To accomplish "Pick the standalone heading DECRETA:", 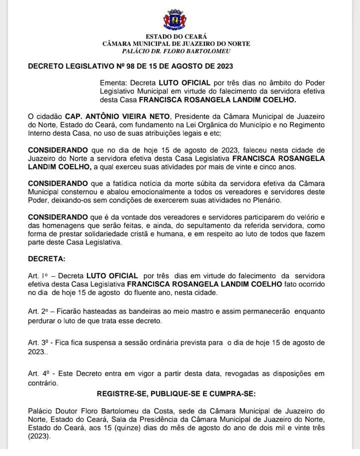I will point(46,260).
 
